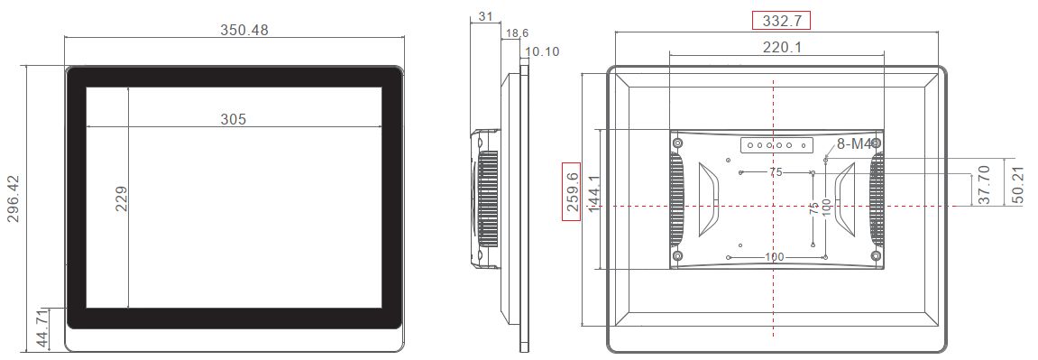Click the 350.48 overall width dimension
pyautogui.click(x=244, y=30)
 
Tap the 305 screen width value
pyautogui.click(x=234, y=119)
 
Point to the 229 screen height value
pyautogui.click(x=121, y=198)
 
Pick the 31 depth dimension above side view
pyautogui.click(x=485, y=17)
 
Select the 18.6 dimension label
pyautogui.click(x=517, y=33)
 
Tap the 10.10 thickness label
pyautogui.click(x=542, y=51)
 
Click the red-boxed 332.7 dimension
pyautogui.click(x=781, y=20)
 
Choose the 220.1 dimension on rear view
pyautogui.click(x=782, y=47)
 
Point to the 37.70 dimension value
pyautogui.click(x=984, y=186)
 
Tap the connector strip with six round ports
pyautogui.click(x=776, y=144)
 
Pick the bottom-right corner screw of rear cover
pyautogui.click(x=876, y=257)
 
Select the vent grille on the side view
pyautogui.click(x=487, y=199)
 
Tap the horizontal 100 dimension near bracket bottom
pyautogui.click(x=774, y=257)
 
